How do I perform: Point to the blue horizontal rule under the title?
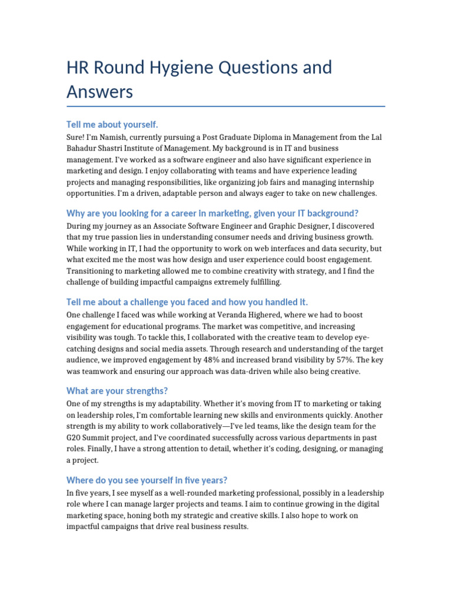226,106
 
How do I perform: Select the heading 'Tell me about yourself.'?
112,125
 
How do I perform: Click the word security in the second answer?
348,249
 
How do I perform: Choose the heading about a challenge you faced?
187,302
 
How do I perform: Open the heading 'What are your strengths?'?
117,391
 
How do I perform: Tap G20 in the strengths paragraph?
76,437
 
